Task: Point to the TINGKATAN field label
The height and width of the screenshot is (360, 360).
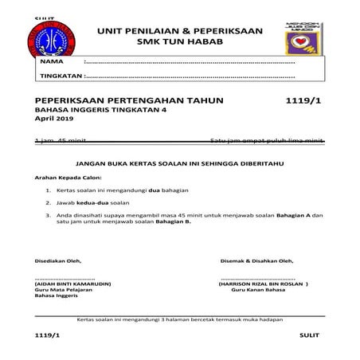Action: [x=61, y=76]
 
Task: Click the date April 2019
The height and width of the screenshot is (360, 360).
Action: [x=53, y=119]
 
